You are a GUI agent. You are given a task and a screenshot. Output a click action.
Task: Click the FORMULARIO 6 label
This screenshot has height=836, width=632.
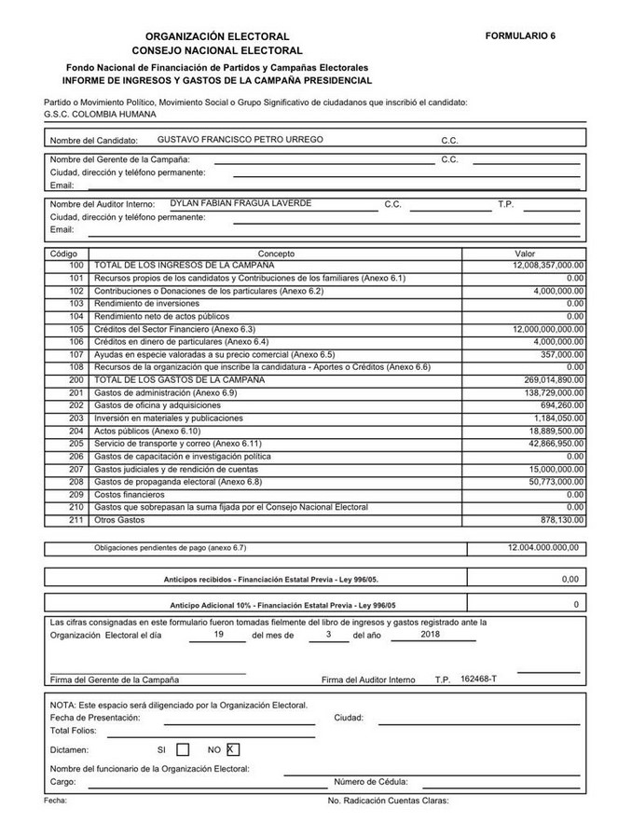click(x=520, y=35)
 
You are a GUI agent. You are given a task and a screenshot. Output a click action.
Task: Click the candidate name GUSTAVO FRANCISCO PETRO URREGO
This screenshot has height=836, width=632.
click(x=240, y=139)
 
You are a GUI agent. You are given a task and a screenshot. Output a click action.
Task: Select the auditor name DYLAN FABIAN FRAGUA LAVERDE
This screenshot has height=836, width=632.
click(x=240, y=203)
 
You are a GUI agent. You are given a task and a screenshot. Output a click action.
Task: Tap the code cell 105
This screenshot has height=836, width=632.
click(x=76, y=329)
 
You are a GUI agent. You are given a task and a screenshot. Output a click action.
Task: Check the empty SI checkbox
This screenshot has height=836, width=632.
click(x=183, y=748)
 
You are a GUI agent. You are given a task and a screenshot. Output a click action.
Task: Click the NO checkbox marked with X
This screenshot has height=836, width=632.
click(x=233, y=748)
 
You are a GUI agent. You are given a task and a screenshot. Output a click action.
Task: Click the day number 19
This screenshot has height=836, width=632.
click(x=218, y=634)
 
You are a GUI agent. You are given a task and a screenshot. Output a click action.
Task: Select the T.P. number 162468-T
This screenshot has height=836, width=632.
click(x=479, y=678)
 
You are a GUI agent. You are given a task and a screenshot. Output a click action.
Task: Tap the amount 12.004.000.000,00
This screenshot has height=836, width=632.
click(x=543, y=547)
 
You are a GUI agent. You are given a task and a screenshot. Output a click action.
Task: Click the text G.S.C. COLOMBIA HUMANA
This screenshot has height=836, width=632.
click(x=100, y=114)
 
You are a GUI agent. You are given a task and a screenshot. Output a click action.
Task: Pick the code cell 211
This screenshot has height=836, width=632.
click(x=76, y=519)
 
